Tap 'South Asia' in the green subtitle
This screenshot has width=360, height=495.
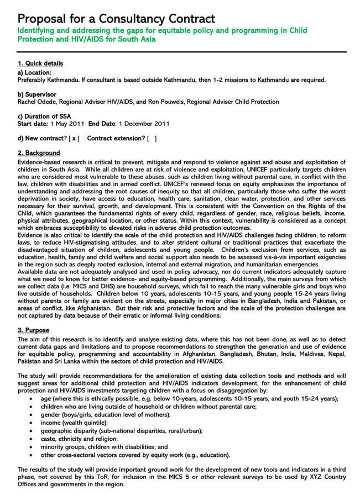coord(136,39)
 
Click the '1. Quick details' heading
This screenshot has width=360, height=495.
coord(40,64)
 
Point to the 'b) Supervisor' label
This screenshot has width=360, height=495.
coord(37,94)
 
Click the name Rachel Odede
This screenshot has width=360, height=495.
coord(36,102)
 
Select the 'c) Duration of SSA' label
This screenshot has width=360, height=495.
coord(44,116)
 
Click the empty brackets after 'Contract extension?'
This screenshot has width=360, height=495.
coord(152,138)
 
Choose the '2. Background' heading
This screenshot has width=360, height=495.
coord(39,153)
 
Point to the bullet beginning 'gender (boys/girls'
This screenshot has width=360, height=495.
coord(105,414)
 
